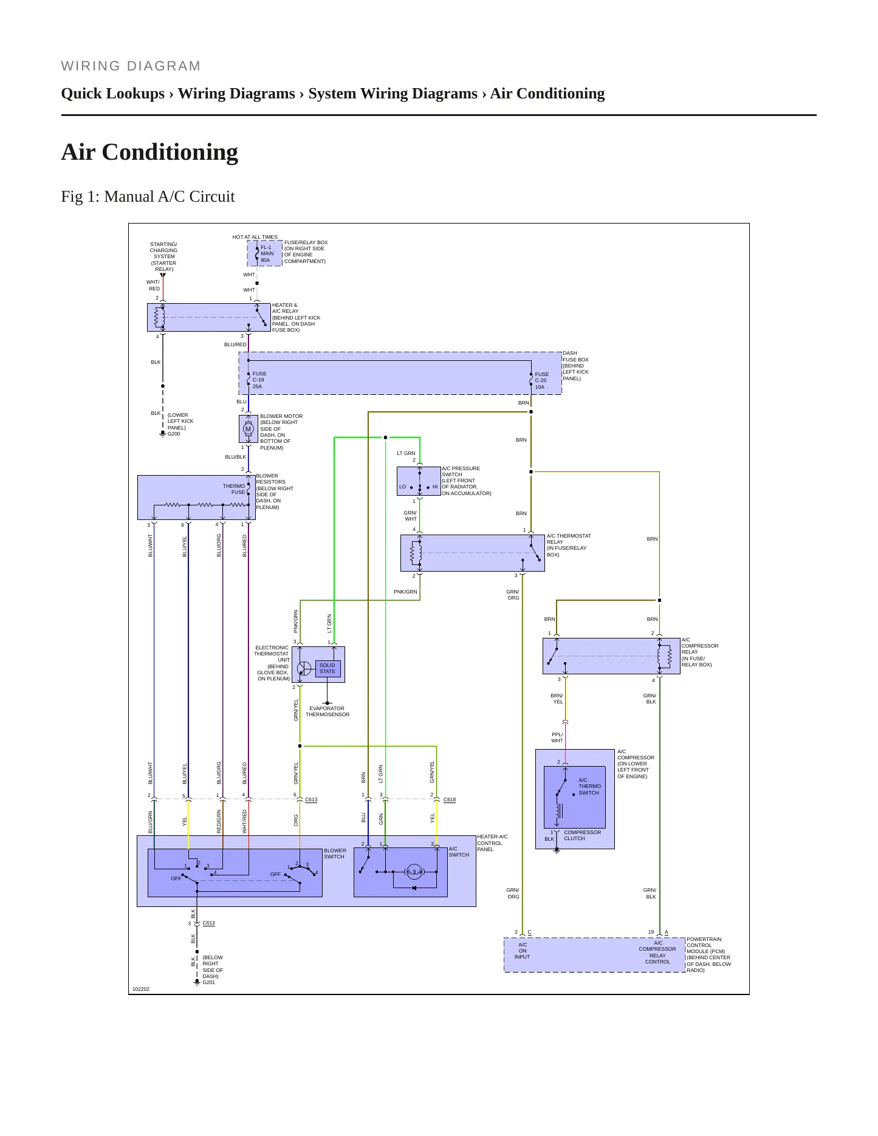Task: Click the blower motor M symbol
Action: click(x=248, y=429)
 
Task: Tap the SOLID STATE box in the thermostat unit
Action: click(x=328, y=668)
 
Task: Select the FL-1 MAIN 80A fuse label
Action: click(x=267, y=254)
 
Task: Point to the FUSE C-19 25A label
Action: click(x=259, y=380)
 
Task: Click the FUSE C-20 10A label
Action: click(x=541, y=381)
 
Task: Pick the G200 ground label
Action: click(x=174, y=434)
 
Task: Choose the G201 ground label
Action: click(x=209, y=982)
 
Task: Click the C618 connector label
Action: click(x=450, y=799)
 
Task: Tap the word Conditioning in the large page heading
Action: click(x=170, y=152)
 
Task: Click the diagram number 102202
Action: click(x=141, y=989)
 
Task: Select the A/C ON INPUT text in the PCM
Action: click(x=522, y=951)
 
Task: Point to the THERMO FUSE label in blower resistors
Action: click(x=234, y=489)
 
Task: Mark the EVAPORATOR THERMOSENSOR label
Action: click(x=328, y=711)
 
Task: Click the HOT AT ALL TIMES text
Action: click(x=255, y=237)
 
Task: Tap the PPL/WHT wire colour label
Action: click(x=557, y=737)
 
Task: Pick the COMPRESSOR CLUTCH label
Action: click(x=582, y=835)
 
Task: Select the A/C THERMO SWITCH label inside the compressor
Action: click(x=588, y=786)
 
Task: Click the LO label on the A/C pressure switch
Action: click(x=402, y=487)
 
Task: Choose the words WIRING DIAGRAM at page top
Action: click(x=131, y=66)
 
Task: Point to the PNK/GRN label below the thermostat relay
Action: click(x=405, y=592)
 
